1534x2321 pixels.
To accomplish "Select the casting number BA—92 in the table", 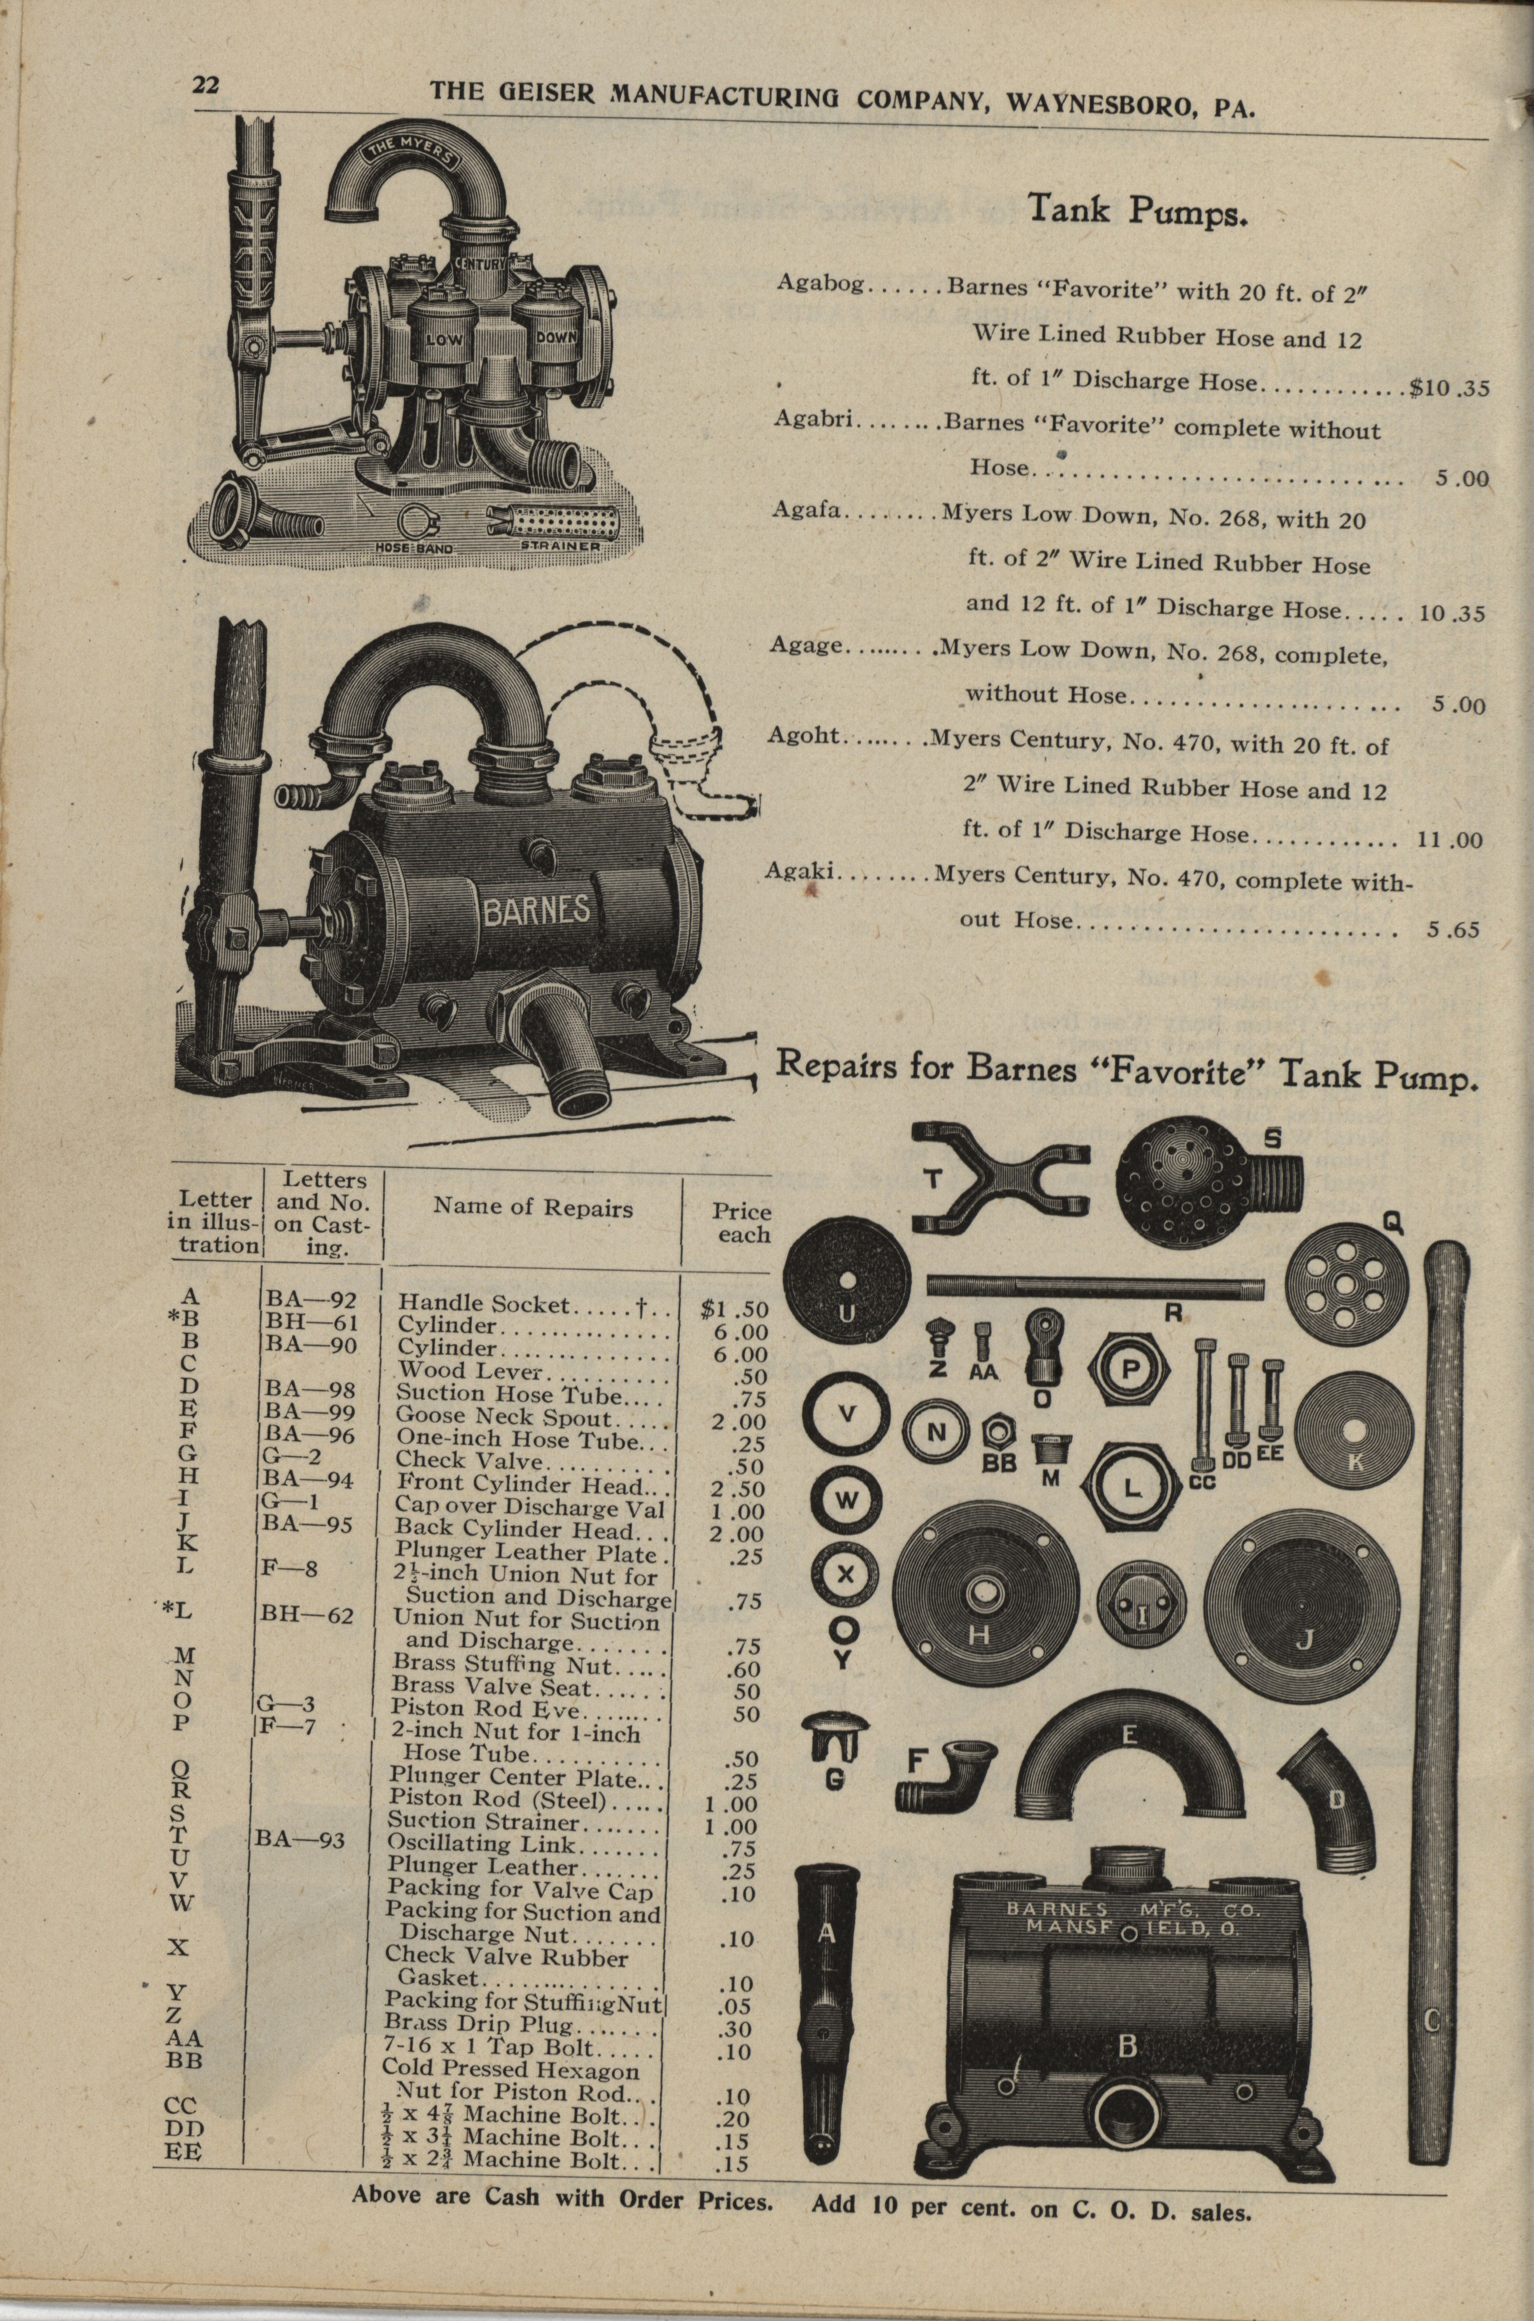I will pos(309,1301).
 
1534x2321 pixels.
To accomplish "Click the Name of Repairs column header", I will pos(533,1208).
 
